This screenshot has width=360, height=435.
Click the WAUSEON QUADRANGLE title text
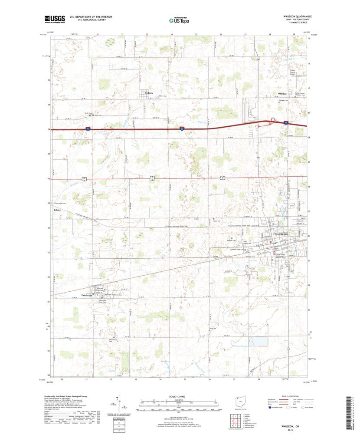[x=295, y=16]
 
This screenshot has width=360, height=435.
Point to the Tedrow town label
[x=149, y=93]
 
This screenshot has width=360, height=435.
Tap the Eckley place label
[x=57, y=210]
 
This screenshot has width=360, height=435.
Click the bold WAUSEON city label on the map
[x=281, y=234]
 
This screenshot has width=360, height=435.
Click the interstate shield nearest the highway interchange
[x=285, y=123]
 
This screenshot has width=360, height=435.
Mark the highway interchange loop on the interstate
[x=274, y=121]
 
